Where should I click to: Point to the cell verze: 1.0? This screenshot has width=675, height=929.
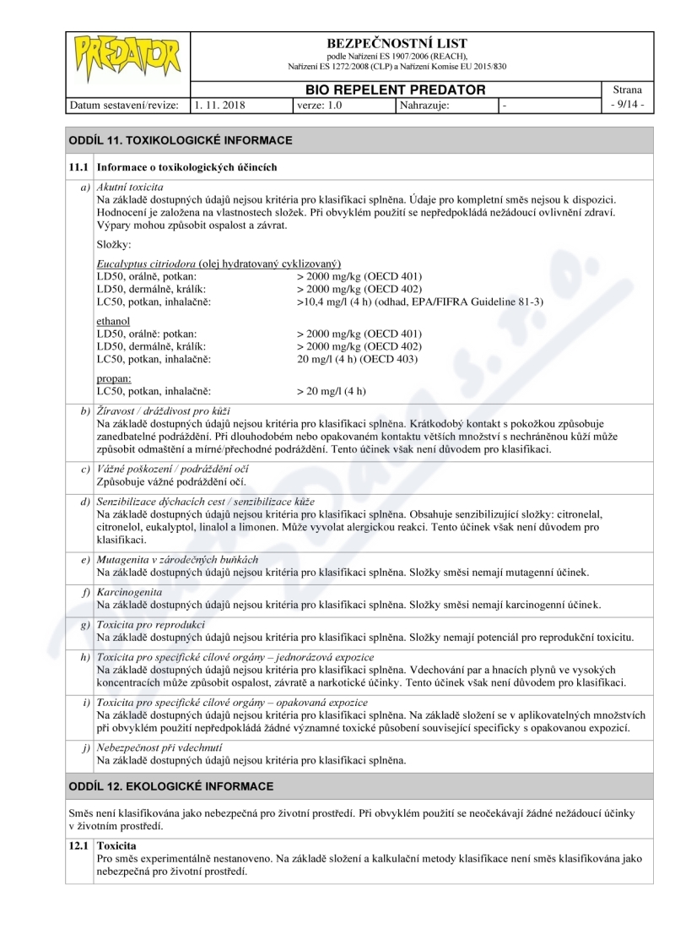[x=320, y=106]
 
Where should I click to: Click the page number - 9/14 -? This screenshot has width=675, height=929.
[x=629, y=106]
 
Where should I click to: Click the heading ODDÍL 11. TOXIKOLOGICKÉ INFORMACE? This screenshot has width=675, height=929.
[x=181, y=139]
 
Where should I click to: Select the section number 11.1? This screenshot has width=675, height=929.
[x=80, y=167]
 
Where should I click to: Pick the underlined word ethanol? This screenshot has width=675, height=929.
[x=114, y=321]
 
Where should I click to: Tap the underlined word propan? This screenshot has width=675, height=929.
[x=114, y=379]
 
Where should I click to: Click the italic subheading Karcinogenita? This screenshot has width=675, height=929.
[x=129, y=592]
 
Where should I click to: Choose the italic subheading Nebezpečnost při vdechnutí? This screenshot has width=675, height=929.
[x=159, y=747]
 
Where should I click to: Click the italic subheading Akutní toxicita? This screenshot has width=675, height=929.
[x=130, y=186]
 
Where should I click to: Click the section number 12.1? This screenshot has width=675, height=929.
[x=80, y=845]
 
